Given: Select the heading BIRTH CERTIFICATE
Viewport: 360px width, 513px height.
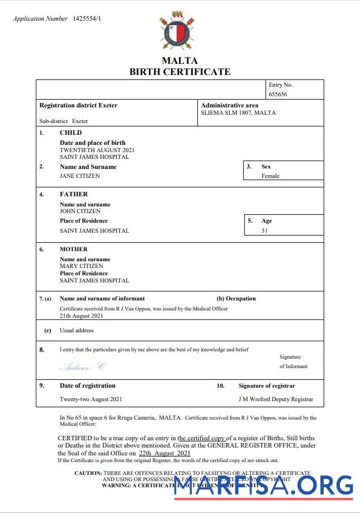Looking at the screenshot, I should click(x=179, y=72).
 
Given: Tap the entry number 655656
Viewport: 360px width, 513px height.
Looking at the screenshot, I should click(x=278, y=95).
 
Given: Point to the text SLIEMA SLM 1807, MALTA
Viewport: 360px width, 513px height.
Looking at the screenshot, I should click(x=238, y=113).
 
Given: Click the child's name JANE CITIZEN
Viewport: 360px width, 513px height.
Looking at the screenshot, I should click(x=80, y=176).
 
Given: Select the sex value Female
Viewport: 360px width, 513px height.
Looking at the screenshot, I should click(x=270, y=176).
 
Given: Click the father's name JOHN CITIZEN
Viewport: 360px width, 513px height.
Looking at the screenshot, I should click(x=80, y=211).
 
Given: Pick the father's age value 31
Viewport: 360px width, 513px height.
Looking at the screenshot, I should click(x=264, y=230).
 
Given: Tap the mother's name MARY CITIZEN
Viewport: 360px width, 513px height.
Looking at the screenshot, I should click(x=81, y=266).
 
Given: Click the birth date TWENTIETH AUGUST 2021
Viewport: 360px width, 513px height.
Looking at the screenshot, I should click(x=97, y=150).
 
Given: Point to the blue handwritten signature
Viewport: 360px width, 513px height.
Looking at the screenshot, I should click(x=82, y=367).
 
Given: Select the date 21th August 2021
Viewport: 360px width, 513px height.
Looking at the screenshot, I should click(x=82, y=316).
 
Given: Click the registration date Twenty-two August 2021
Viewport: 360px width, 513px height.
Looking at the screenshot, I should click(x=91, y=399).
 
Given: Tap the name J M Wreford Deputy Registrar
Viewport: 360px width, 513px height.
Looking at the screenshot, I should click(x=276, y=399).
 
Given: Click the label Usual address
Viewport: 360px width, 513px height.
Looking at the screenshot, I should click(x=77, y=331).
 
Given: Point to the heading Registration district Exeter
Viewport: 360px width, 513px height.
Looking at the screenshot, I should click(x=78, y=105).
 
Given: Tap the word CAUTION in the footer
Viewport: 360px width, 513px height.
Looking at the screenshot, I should click(x=88, y=473).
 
